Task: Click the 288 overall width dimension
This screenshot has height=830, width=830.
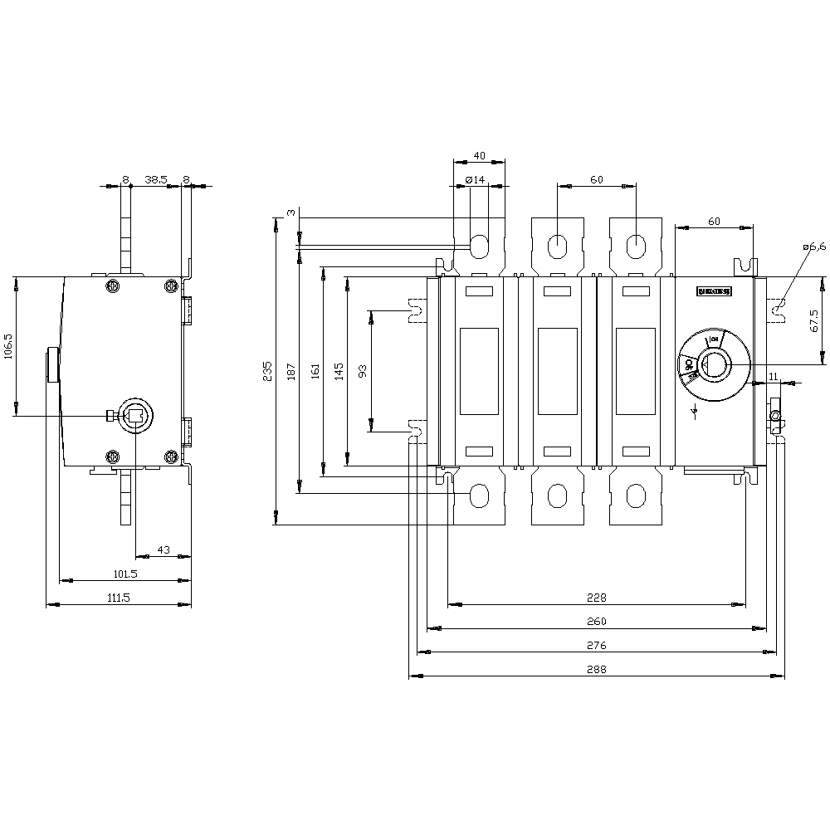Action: [597, 669]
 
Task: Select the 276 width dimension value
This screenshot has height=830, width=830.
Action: [597, 645]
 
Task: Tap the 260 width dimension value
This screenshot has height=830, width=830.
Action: [597, 621]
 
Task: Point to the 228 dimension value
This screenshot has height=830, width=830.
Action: [597, 597]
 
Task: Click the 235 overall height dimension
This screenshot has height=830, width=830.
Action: [267, 371]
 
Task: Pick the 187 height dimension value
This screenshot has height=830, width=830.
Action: [290, 373]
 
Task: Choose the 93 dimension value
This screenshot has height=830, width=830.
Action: [361, 371]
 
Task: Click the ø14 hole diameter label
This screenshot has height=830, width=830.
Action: [474, 179]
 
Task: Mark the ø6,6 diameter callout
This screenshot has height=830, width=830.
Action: [814, 247]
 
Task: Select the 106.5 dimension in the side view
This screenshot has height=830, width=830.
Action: [8, 346]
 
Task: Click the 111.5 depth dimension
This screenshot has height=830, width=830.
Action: [119, 598]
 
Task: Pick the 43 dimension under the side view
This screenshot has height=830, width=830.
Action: [164, 549]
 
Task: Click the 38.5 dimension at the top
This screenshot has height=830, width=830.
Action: [155, 178]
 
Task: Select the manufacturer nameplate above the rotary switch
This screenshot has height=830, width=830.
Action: [714, 292]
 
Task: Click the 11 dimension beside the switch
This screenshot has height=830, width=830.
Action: [773, 377]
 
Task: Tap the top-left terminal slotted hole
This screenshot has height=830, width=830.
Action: [480, 245]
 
